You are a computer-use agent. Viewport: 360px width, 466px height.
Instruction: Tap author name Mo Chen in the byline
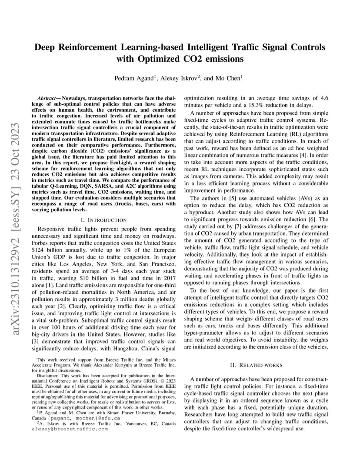click(x=227, y=79)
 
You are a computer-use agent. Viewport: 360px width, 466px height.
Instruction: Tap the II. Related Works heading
click(x=256, y=365)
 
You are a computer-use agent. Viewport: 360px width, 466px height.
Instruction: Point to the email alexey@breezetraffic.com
click(x=70, y=429)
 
